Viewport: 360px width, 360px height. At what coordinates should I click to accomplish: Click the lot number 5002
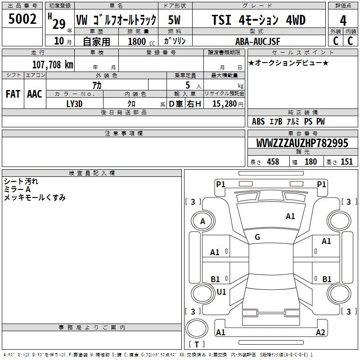click(22, 19)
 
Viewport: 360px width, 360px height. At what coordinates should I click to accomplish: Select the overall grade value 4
click(343, 21)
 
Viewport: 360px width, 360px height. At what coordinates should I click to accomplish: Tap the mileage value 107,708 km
click(53, 64)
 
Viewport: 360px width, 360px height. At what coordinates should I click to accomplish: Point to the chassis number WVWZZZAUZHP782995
click(302, 143)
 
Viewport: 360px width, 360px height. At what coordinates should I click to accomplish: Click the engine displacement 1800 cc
click(141, 41)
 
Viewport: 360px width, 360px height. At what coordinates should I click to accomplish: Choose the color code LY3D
click(74, 104)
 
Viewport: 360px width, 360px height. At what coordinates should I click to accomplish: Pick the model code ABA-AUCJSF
click(258, 41)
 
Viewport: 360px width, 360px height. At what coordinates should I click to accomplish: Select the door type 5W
click(174, 20)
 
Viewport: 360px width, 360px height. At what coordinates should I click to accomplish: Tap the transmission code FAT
click(13, 94)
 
